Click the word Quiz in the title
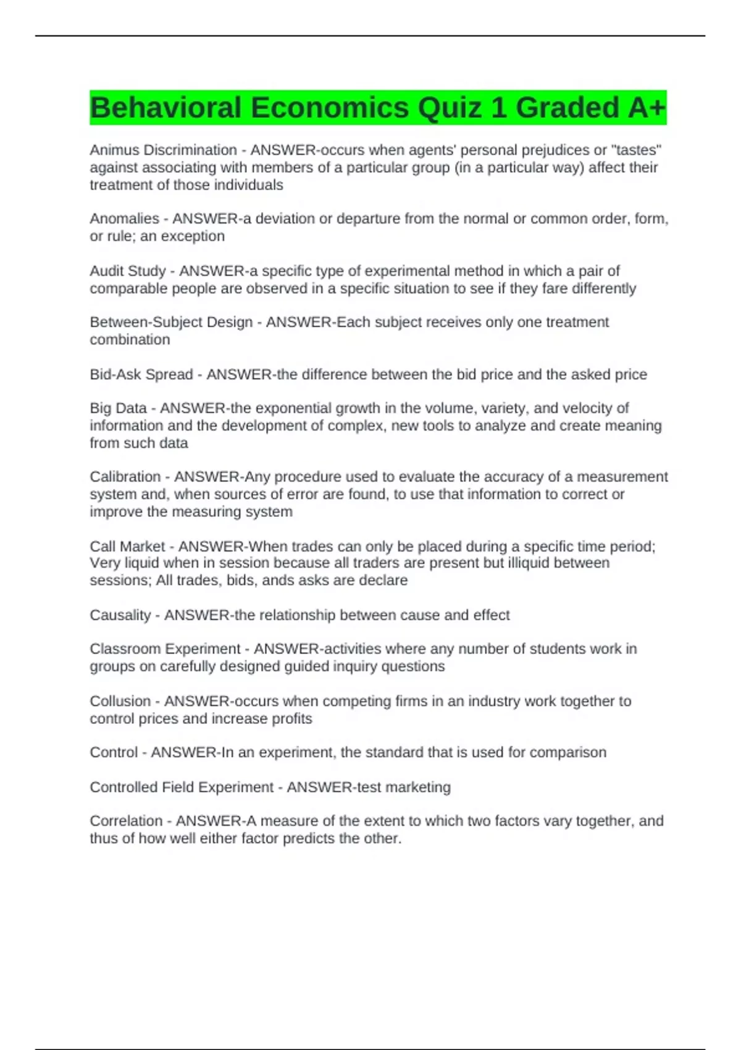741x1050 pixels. [x=450, y=108]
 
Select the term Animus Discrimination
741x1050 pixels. [x=163, y=150]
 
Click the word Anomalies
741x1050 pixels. [x=124, y=219]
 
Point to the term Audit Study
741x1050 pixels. [x=128, y=271]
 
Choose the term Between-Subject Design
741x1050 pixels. [x=171, y=322]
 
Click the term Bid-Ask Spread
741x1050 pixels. [x=141, y=375]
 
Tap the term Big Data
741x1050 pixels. [x=118, y=408]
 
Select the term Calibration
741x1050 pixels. [x=125, y=477]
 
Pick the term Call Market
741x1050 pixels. [x=127, y=547]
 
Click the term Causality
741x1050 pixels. [x=120, y=615]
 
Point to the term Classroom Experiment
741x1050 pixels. [x=165, y=649]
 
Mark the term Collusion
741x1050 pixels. [x=120, y=702]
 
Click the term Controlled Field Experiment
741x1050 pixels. [x=181, y=787]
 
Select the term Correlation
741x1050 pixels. [x=126, y=821]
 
